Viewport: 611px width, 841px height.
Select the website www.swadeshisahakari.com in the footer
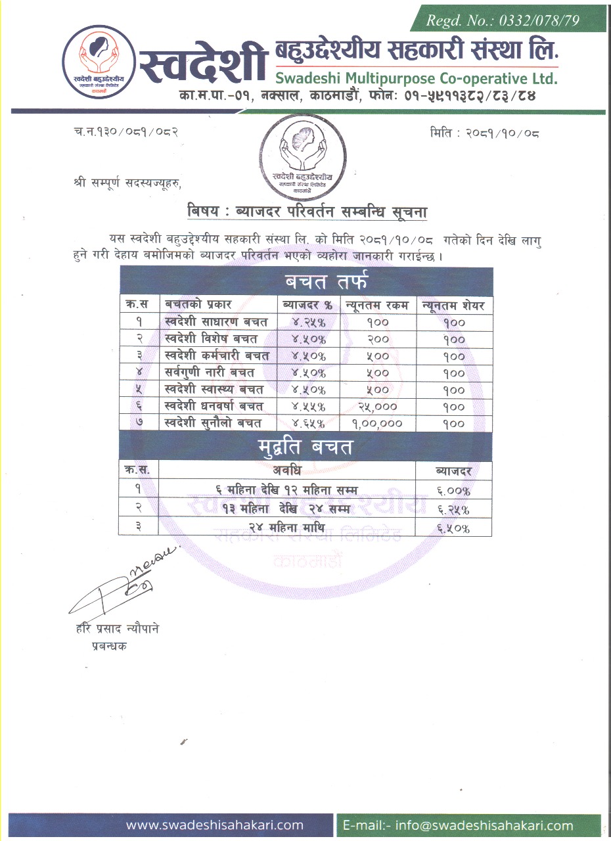pos(215,825)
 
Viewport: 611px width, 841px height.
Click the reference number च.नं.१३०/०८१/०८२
pos(126,133)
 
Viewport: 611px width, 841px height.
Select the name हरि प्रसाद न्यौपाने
pos(118,629)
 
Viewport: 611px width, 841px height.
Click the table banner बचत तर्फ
pos(306,283)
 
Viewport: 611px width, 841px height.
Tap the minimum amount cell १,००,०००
pos(378,424)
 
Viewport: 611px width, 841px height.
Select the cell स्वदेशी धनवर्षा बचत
pos(214,407)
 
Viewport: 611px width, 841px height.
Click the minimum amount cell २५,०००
pos(378,407)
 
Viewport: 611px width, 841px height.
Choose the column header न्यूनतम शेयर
pos(453,306)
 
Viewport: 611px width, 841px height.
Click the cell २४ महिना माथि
pos(288,527)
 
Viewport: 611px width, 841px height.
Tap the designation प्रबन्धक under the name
pos(110,646)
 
